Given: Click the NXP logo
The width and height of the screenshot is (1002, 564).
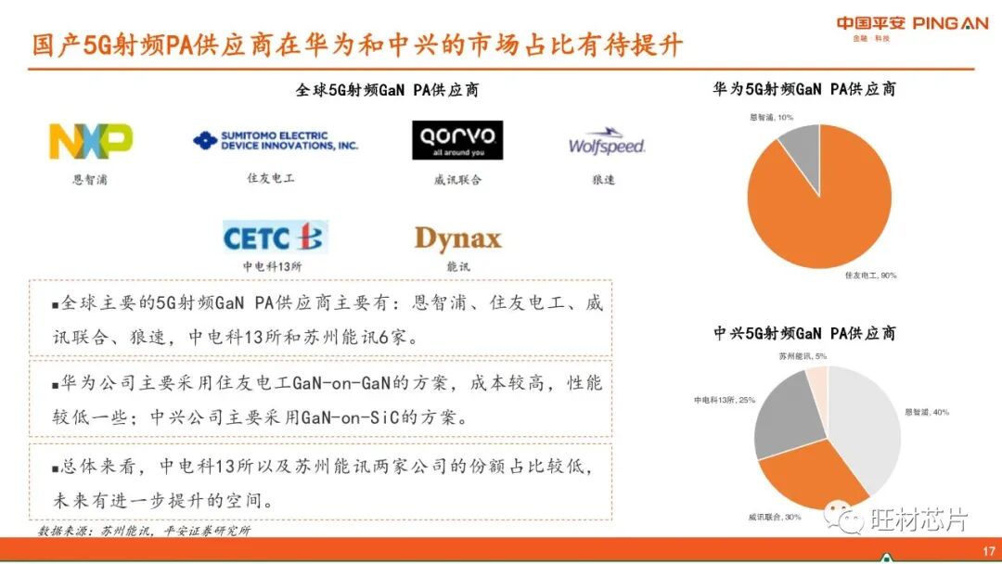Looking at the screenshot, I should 90,142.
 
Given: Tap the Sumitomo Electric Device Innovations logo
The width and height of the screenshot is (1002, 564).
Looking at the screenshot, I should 276,141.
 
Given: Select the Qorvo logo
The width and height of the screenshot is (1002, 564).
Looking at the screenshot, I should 457,140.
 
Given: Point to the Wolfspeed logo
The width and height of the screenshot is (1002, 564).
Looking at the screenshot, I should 606,143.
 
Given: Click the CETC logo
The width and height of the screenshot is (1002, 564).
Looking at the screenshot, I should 274,238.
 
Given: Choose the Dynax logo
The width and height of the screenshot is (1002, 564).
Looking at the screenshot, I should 457,238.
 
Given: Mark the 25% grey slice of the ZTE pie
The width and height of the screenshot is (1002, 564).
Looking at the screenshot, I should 786,415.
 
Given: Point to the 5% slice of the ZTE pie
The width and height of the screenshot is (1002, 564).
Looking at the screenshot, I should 817,382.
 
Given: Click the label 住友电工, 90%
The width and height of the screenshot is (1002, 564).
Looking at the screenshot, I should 870,276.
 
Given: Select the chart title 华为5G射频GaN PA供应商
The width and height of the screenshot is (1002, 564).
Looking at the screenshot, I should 803,89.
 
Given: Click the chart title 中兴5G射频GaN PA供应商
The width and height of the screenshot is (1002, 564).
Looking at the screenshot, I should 803,333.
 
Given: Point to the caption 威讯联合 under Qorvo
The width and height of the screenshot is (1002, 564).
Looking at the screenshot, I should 457,179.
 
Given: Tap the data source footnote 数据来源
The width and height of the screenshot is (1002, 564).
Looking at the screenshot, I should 144,531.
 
